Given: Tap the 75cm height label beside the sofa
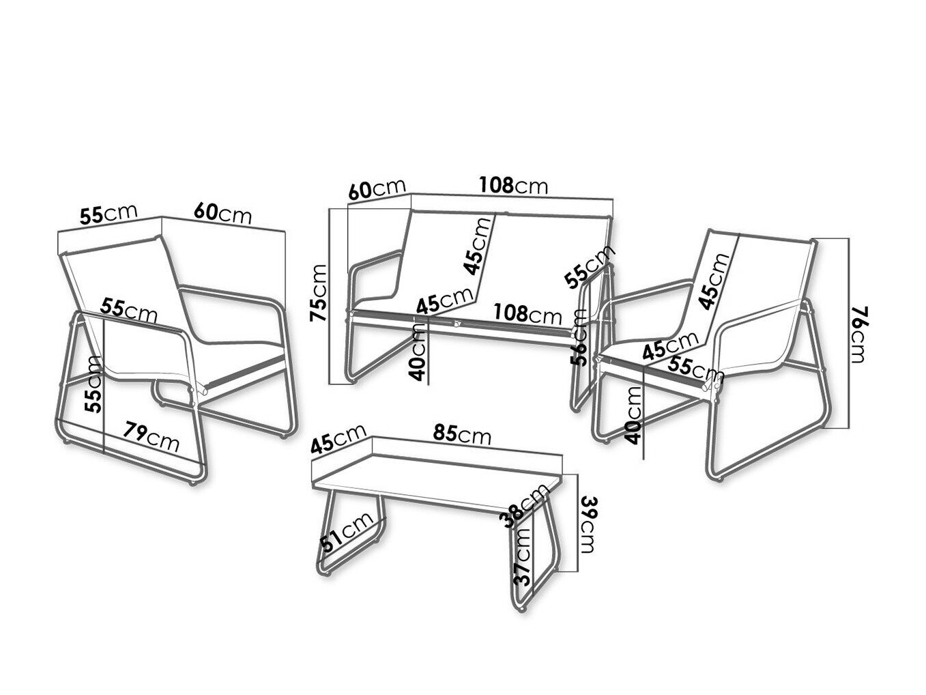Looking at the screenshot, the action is [318, 293].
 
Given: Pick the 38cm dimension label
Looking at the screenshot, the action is [526, 505].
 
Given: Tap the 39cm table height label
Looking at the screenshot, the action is [588, 524].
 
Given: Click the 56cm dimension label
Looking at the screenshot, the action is [579, 337].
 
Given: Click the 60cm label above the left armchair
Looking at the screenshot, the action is [222, 213].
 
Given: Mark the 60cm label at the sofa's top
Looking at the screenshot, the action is [377, 189].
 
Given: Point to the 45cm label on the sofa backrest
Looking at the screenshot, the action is [477, 245].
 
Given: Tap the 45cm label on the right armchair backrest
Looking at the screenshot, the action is [713, 281].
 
